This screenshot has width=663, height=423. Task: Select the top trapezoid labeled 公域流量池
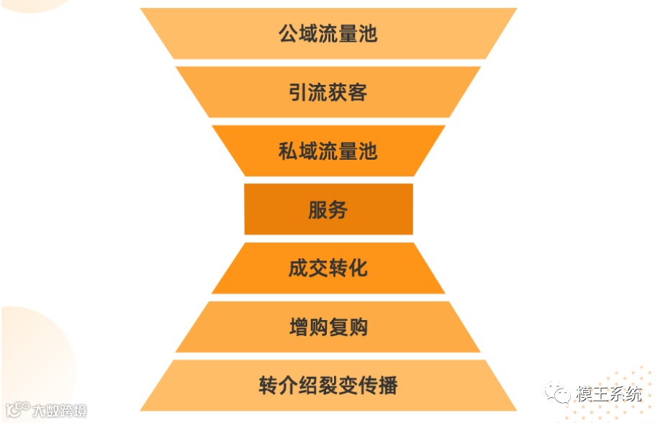click(x=328, y=34)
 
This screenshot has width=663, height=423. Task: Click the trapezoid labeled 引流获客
click(x=328, y=92)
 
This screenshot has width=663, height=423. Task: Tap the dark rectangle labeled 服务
click(x=328, y=209)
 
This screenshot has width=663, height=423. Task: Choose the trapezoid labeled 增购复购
click(x=328, y=327)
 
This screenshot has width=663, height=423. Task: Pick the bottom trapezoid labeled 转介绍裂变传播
click(x=328, y=386)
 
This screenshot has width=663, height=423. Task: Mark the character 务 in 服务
click(x=338, y=210)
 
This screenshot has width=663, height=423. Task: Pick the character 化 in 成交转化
click(x=358, y=268)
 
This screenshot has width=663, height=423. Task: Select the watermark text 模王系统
click(x=608, y=395)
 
